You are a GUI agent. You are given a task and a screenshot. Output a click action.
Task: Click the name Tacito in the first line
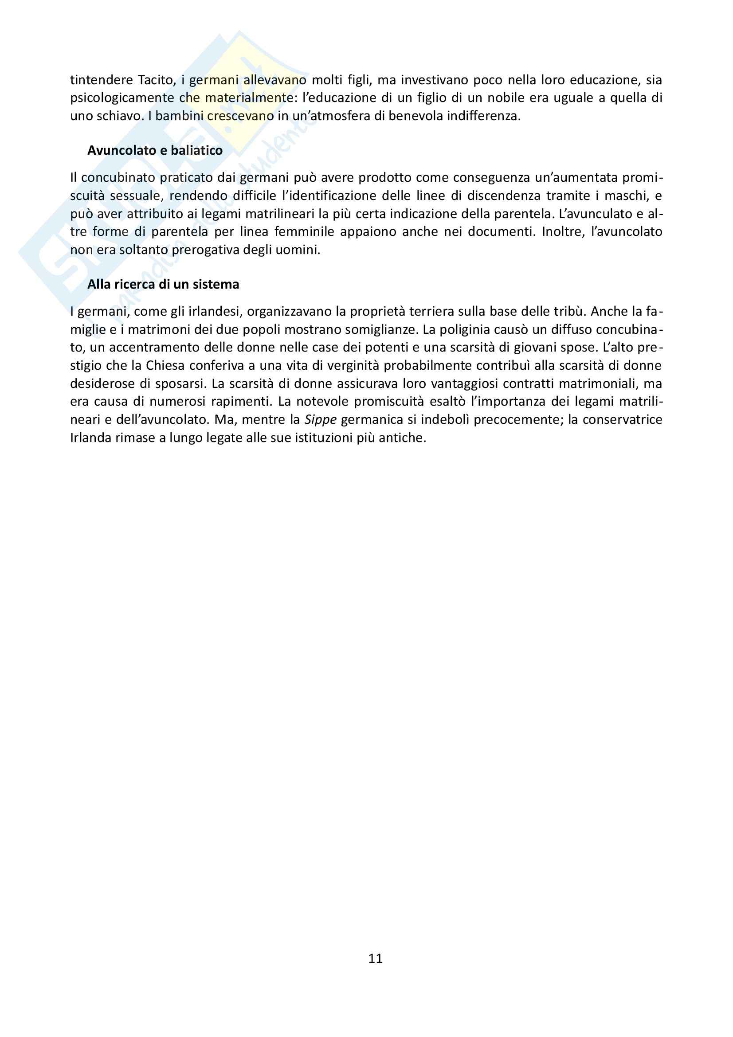point(155,80)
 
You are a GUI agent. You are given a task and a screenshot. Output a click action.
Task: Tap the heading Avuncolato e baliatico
point(155,150)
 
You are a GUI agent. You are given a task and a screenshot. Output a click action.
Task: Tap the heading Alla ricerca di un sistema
point(163,285)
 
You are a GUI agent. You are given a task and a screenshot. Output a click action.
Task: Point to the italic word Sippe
point(320,420)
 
